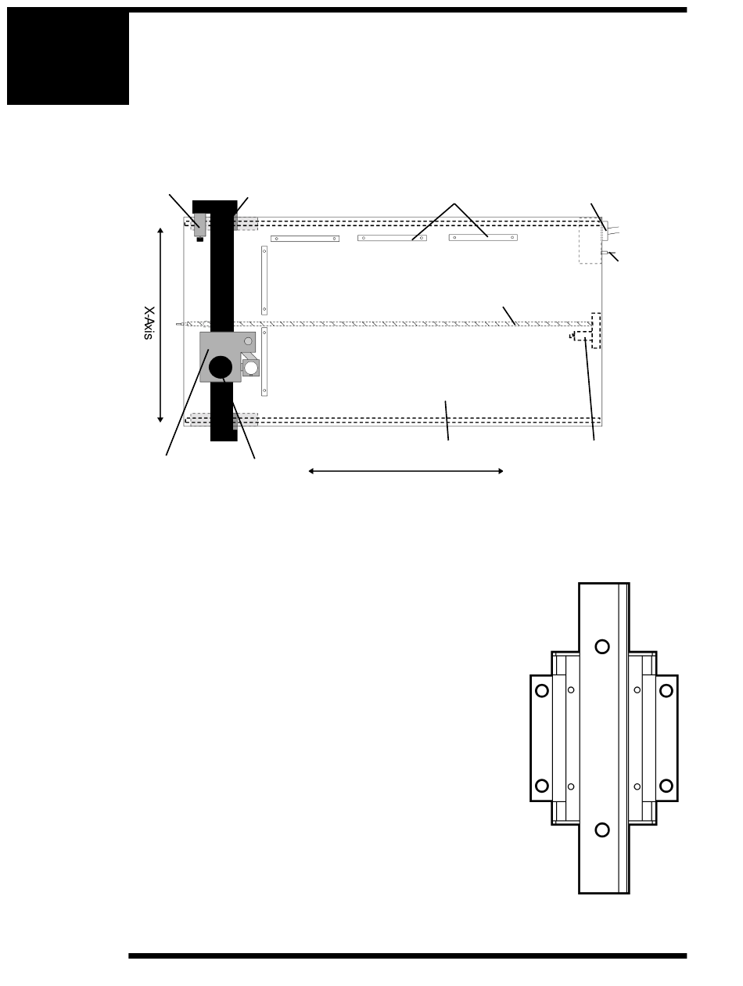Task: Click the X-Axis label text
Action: click(x=149, y=322)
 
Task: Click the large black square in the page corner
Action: click(x=68, y=56)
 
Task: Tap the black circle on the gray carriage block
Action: click(x=221, y=367)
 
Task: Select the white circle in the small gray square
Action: click(x=251, y=368)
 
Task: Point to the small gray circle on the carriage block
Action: click(x=248, y=341)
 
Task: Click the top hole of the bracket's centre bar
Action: click(x=602, y=646)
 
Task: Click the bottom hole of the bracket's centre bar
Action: click(x=602, y=829)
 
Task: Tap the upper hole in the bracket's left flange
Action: click(x=542, y=690)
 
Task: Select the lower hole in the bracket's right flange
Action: click(x=666, y=786)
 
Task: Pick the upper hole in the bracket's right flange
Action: click(x=666, y=690)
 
